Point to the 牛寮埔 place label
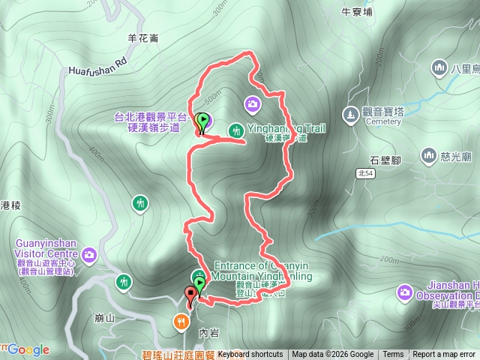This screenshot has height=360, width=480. (356, 11)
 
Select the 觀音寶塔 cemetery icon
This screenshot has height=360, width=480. (349, 114)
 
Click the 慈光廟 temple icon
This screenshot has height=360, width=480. (428, 155)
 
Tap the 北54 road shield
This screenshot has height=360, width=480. (365, 172)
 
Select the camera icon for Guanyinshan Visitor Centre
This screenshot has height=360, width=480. (89, 256)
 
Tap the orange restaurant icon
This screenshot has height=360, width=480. (181, 322)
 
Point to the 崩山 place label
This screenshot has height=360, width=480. (105, 318)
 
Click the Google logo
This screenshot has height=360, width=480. (28, 349)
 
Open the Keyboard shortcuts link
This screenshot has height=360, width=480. (250, 355)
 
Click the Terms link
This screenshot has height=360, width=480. (393, 355)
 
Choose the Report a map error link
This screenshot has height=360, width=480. (445, 355)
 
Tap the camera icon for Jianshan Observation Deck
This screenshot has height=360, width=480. (405, 291)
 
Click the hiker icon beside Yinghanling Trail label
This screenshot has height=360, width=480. (235, 128)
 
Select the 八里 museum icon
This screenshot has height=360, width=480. (439, 69)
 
